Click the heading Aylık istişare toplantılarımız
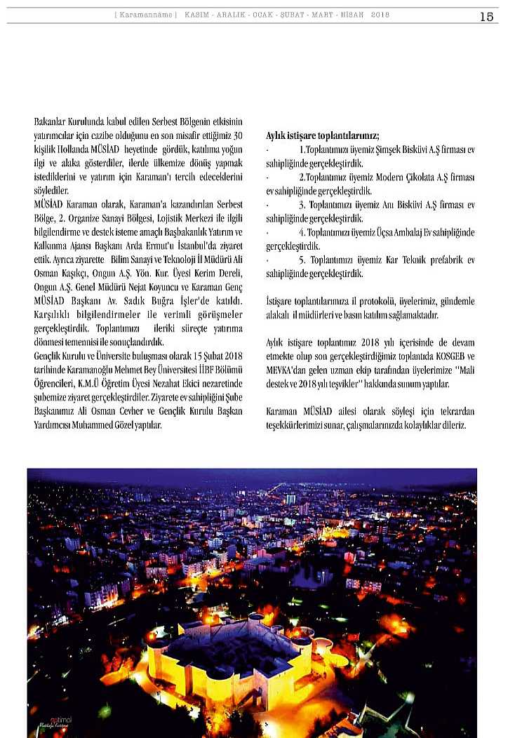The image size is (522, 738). point(323,135)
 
